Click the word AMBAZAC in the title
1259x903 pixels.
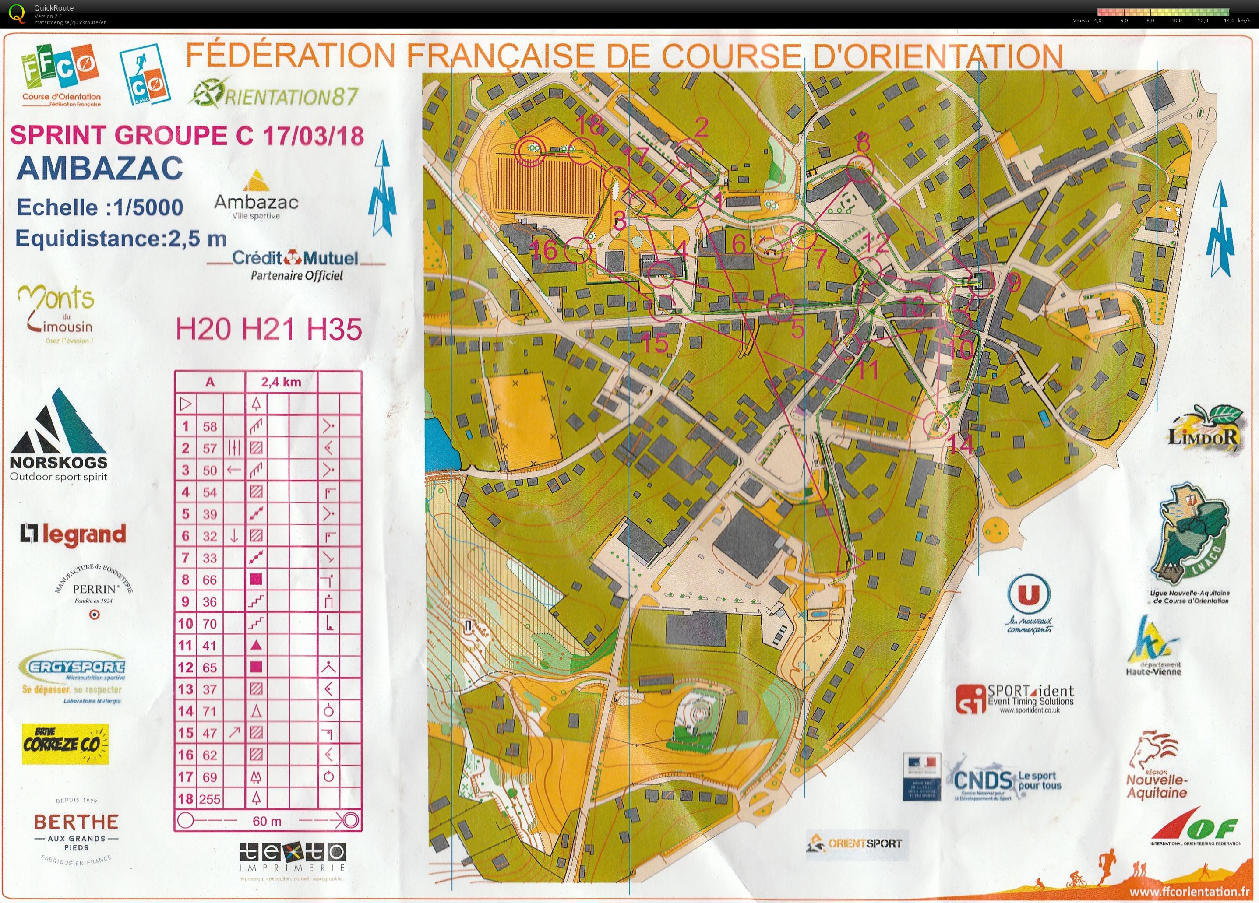point(100,168)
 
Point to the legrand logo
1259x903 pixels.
point(73,534)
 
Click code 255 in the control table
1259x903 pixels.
point(209,799)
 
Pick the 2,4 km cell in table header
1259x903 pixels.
point(281,382)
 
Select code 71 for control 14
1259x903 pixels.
point(209,711)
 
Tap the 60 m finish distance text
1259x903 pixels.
point(267,820)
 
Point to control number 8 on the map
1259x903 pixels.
point(863,143)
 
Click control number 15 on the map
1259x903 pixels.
point(655,344)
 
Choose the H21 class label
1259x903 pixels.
point(269,329)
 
